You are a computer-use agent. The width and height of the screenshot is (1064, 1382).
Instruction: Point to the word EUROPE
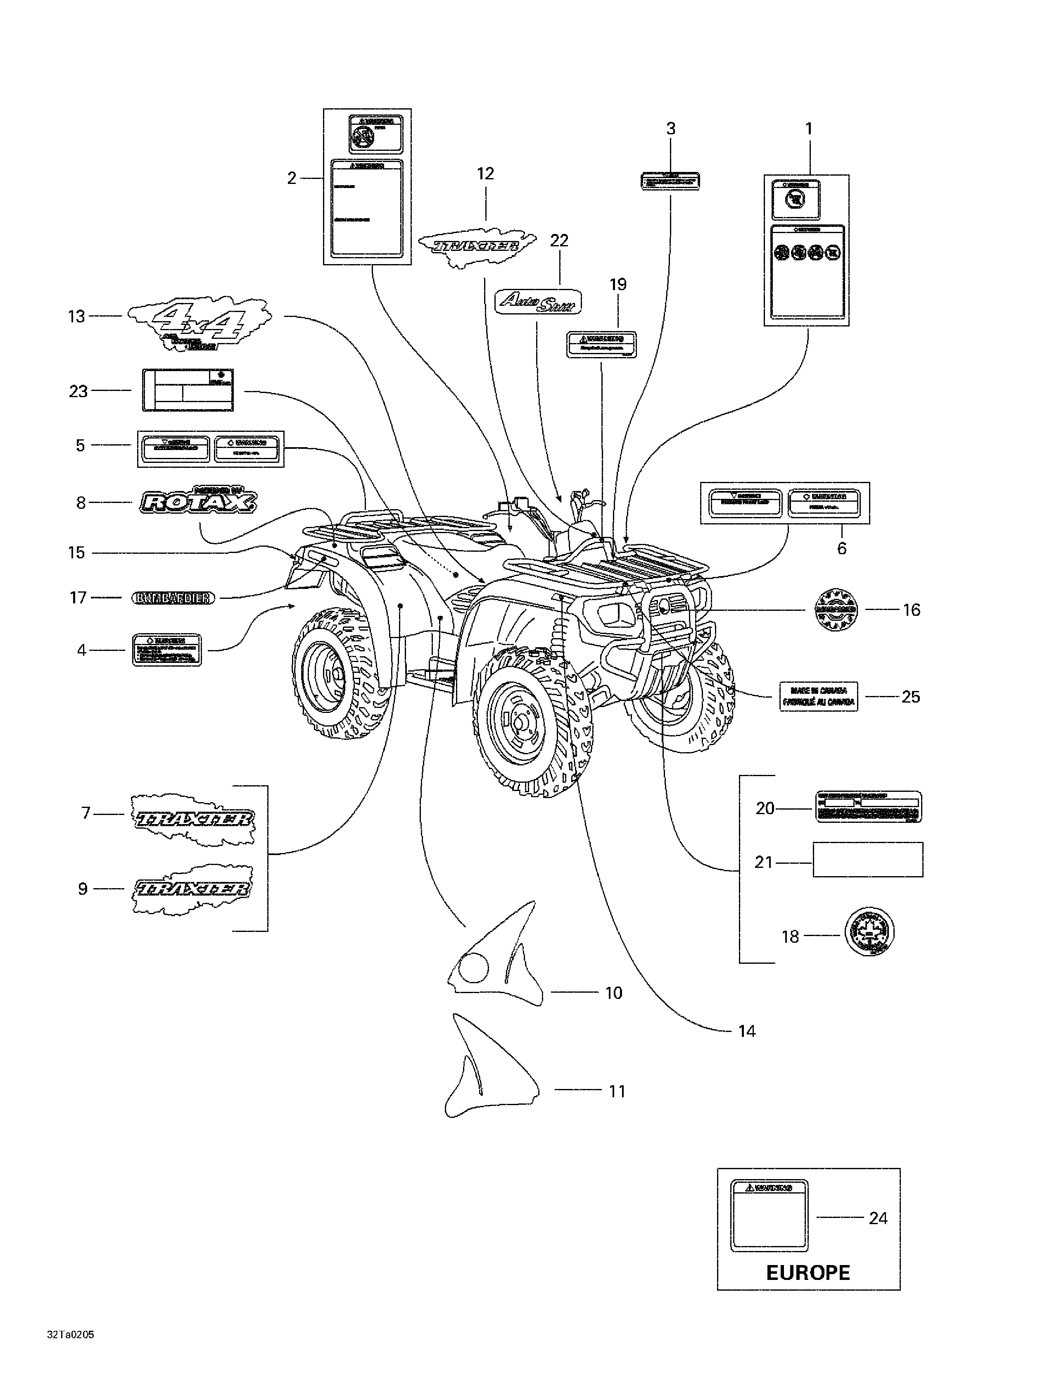808,1272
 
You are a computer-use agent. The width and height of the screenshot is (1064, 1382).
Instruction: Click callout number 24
878,1218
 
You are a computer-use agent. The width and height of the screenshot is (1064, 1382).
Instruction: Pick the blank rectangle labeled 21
867,859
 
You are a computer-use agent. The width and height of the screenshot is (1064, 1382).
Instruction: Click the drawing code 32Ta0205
70,1336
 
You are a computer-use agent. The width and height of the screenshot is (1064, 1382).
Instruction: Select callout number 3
671,129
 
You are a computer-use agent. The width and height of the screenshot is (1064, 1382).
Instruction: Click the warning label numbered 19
600,343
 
